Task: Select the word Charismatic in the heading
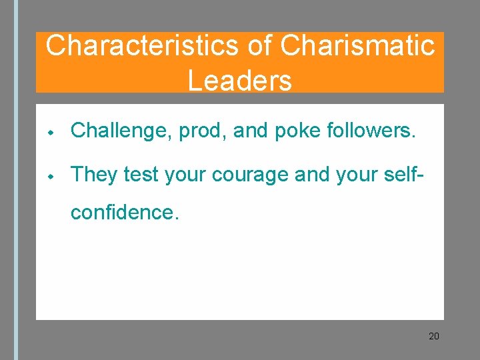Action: pos(358,46)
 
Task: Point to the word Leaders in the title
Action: pos(240,81)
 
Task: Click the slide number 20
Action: pos(434,336)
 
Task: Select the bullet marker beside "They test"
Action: pos(50,175)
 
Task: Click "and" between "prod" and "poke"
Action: pos(251,131)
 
